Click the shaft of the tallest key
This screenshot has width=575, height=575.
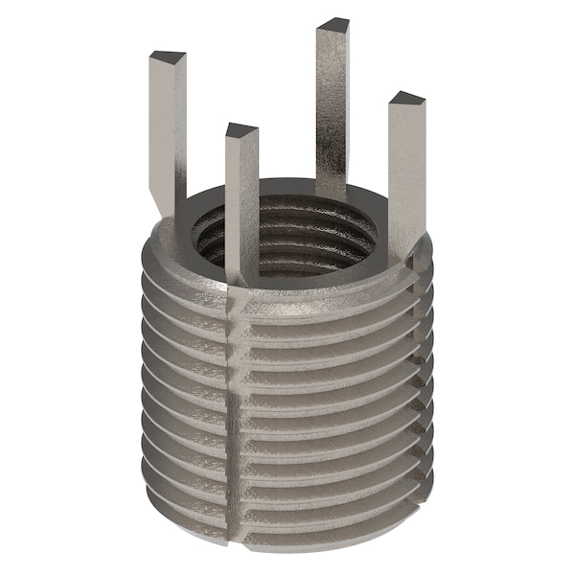coord(333,105)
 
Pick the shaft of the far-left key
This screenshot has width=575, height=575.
coord(167,125)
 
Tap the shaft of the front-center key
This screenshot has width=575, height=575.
coord(241,201)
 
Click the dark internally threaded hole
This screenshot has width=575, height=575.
coord(287,240)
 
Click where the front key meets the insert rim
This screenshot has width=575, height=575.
coord(241,278)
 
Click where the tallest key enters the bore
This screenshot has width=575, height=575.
coord(331,192)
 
